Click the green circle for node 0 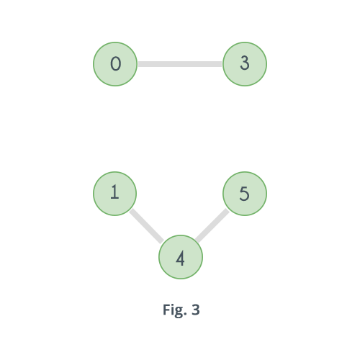click(x=115, y=64)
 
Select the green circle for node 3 click(x=245, y=64)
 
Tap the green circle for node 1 click(x=115, y=194)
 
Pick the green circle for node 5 click(x=245, y=194)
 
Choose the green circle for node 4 click(x=181, y=257)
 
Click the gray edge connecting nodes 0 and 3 click(x=180, y=64)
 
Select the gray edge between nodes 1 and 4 click(x=147, y=226)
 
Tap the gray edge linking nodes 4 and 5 click(x=212, y=225)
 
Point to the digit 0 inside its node click(x=115, y=63)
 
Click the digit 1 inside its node click(x=114, y=192)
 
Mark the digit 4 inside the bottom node click(x=180, y=258)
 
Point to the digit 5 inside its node click(x=244, y=194)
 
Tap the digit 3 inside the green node click(x=245, y=63)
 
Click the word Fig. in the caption click(x=175, y=310)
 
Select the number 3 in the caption click(x=196, y=310)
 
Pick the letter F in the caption click(x=167, y=310)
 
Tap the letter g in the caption click(x=179, y=312)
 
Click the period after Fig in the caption click(x=186, y=314)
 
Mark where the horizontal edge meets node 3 click(x=222, y=64)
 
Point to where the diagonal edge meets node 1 click(x=131, y=210)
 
